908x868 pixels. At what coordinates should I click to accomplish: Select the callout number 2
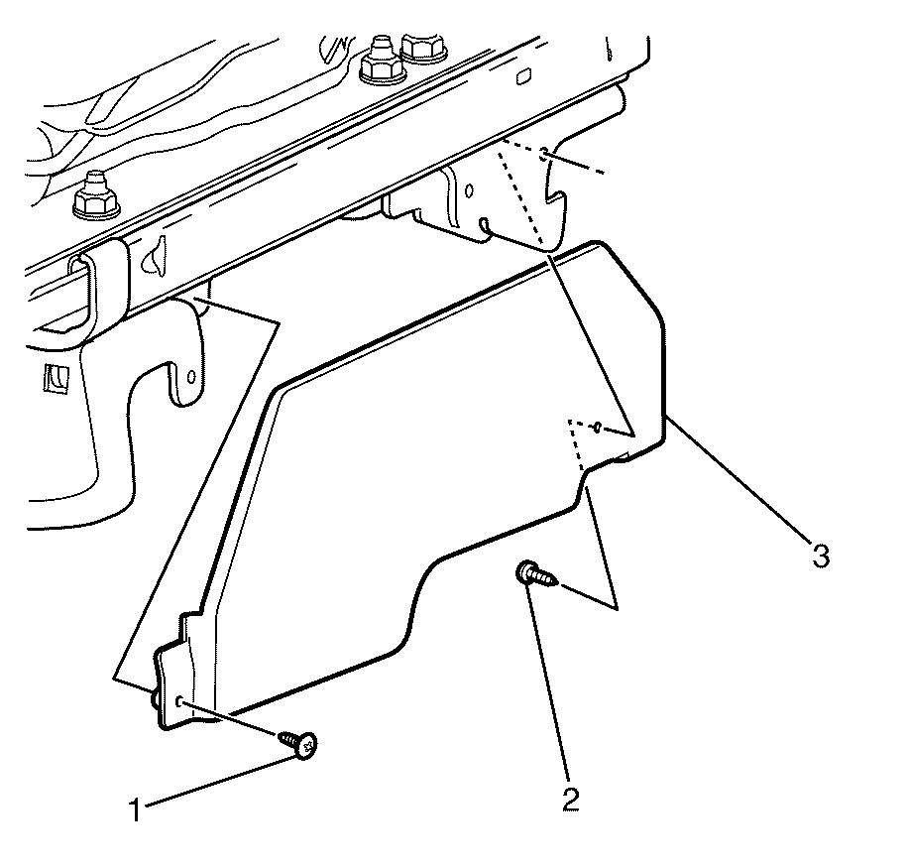(x=570, y=800)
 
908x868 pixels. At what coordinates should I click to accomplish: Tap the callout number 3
(x=820, y=556)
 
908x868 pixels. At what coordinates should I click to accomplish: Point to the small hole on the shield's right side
(x=597, y=428)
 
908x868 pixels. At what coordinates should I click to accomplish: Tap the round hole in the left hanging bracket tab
(x=191, y=376)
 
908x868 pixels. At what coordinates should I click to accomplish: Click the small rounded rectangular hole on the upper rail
(x=524, y=75)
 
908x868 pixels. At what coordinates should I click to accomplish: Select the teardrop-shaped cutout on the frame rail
(x=155, y=256)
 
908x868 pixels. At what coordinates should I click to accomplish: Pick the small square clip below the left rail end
(x=57, y=379)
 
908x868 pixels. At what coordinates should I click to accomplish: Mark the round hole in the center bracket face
(x=470, y=190)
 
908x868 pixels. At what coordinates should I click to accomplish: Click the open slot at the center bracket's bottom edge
(x=484, y=225)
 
